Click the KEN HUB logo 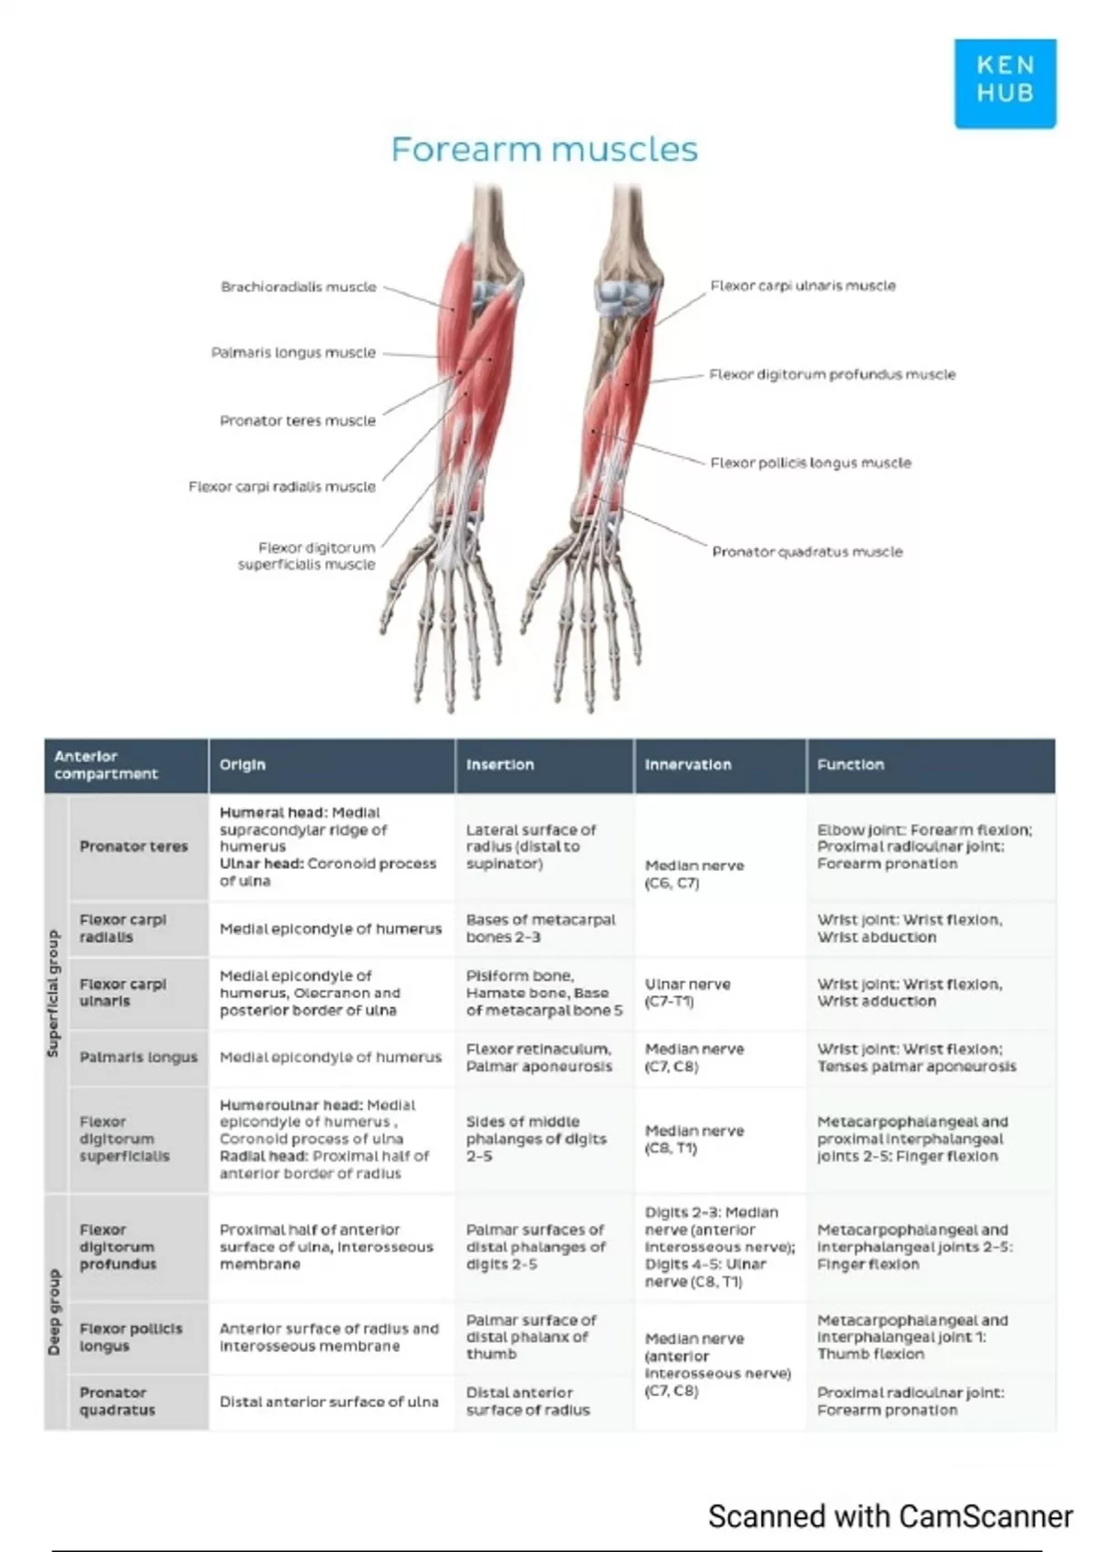(x=1005, y=82)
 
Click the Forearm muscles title (x=544, y=149)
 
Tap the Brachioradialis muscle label (x=298, y=287)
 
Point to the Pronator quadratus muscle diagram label (x=807, y=551)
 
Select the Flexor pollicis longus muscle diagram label (x=810, y=463)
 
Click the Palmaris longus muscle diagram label (x=293, y=352)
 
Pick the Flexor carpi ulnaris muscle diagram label (x=803, y=286)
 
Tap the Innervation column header (x=688, y=765)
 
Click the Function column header (x=850, y=765)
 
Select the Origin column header (x=243, y=765)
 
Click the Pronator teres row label (x=133, y=846)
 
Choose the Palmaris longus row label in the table (x=138, y=1057)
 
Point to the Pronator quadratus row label (x=117, y=1401)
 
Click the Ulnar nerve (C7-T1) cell (x=687, y=992)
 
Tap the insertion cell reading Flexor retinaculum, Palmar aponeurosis (x=539, y=1057)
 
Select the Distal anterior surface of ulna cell (x=328, y=1401)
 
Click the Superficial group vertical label (x=54, y=993)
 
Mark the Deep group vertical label (x=54, y=1312)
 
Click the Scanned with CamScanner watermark (x=890, y=1516)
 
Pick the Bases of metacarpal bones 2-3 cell (x=540, y=928)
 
